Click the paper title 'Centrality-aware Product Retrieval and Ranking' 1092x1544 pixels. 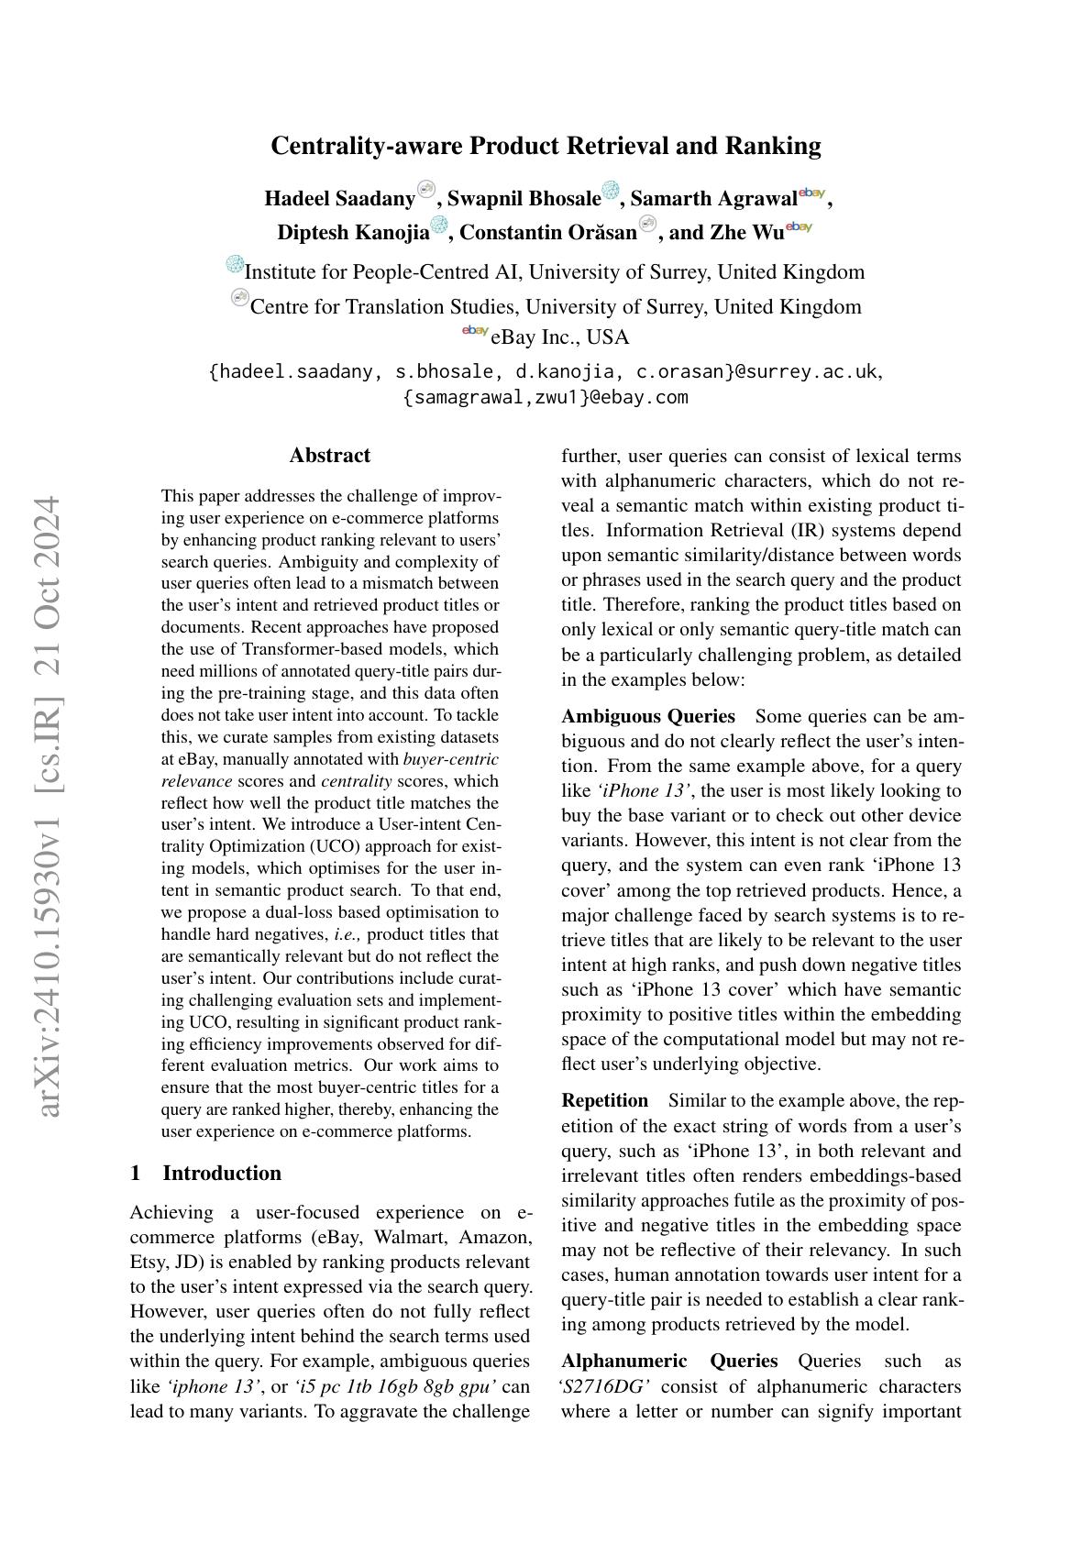546,146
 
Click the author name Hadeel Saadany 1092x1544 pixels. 339,198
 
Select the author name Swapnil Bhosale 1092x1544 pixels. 524,198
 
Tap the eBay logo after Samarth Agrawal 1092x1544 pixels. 812,193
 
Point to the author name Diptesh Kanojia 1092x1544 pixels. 353,232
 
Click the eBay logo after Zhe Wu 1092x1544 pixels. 799,226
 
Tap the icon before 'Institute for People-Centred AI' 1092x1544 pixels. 235,265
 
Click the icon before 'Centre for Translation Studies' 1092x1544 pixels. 240,298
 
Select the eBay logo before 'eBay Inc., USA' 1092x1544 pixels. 475,331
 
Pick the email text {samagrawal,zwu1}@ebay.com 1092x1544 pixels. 546,397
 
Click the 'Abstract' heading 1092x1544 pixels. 330,456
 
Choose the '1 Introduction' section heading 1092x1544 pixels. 206,1174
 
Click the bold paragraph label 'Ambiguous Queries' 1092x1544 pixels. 648,716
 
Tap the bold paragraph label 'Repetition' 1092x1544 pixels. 604,1100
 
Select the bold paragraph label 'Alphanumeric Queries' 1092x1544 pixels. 669,1361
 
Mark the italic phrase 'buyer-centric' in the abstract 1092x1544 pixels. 451,759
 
